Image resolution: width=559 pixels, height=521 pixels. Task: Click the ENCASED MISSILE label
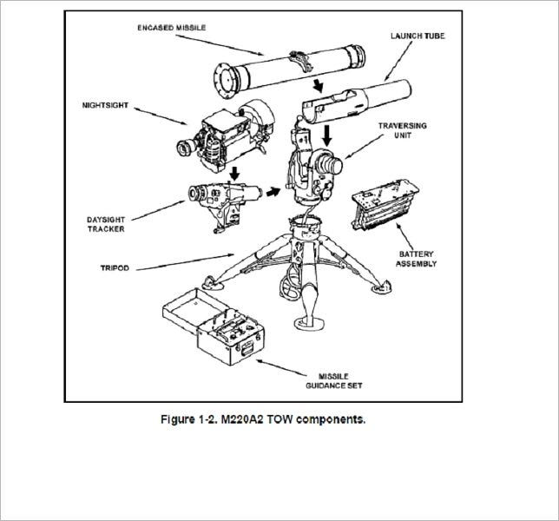(x=172, y=28)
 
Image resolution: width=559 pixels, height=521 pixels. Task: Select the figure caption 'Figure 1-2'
(x=263, y=419)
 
